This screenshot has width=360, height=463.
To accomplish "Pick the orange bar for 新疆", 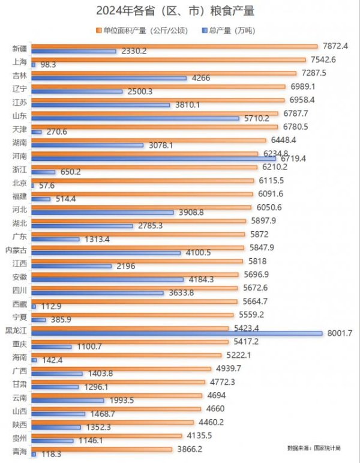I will pyautogui.click(x=174, y=46).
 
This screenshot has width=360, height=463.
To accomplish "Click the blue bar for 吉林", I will pyautogui.click(x=109, y=78).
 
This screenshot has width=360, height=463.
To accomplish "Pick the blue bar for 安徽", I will pyautogui.click(x=107, y=279).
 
